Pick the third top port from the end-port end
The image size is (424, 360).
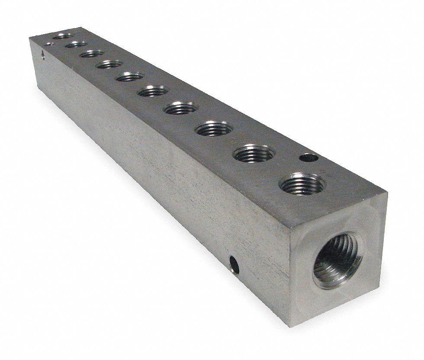(x=214, y=129)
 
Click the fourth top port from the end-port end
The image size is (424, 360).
(x=181, y=108)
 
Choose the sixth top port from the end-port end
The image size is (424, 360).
(x=130, y=77)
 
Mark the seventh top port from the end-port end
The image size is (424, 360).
(x=109, y=64)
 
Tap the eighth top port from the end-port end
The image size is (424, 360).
(x=92, y=54)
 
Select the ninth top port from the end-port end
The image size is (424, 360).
(x=76, y=44)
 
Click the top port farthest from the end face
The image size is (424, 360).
(x=63, y=36)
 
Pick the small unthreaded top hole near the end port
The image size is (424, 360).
(x=308, y=158)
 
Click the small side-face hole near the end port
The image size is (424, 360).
(x=234, y=264)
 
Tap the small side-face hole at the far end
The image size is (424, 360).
(x=42, y=55)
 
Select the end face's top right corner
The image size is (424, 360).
(x=386, y=196)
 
